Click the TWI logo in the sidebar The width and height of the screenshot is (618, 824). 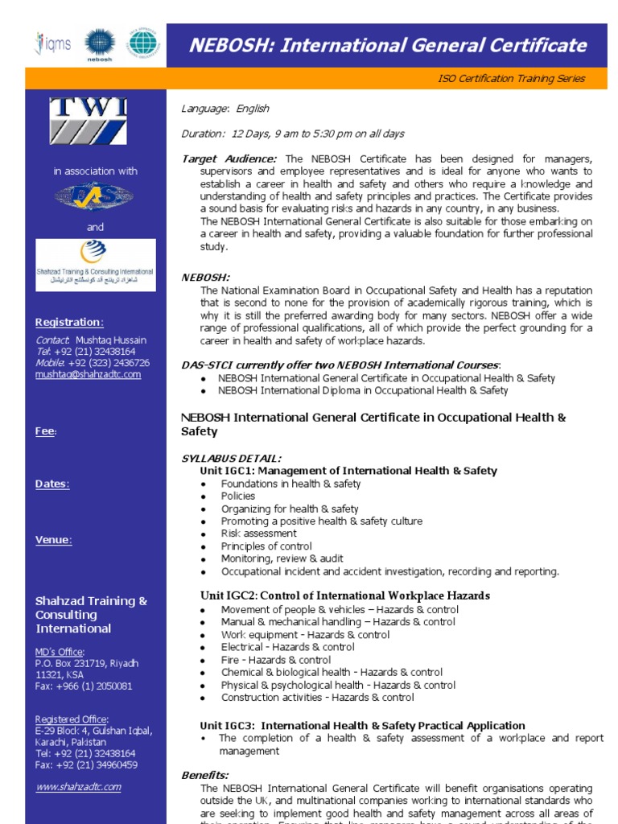coord(89,121)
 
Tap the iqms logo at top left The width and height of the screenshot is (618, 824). coord(53,43)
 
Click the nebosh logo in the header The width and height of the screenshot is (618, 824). coord(101,43)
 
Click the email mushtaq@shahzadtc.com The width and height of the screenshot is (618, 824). coord(88,374)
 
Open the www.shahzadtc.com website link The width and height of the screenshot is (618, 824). coord(78,786)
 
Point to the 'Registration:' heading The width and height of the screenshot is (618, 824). coord(69,322)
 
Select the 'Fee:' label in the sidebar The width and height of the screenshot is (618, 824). coord(46,431)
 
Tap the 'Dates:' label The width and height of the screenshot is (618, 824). coord(52,484)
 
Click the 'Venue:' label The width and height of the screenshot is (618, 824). coord(53,540)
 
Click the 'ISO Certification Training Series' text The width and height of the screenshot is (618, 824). coord(511,78)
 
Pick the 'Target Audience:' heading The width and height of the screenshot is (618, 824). coord(229,159)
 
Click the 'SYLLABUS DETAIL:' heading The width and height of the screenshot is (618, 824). coord(231,458)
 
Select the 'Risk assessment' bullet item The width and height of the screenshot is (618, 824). coord(259,534)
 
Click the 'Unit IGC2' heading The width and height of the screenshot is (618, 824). coord(344,595)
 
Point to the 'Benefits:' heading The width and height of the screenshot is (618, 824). coord(205,775)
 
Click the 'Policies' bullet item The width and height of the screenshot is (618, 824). coord(238,496)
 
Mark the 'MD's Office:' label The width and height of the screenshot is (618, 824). coord(60,651)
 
